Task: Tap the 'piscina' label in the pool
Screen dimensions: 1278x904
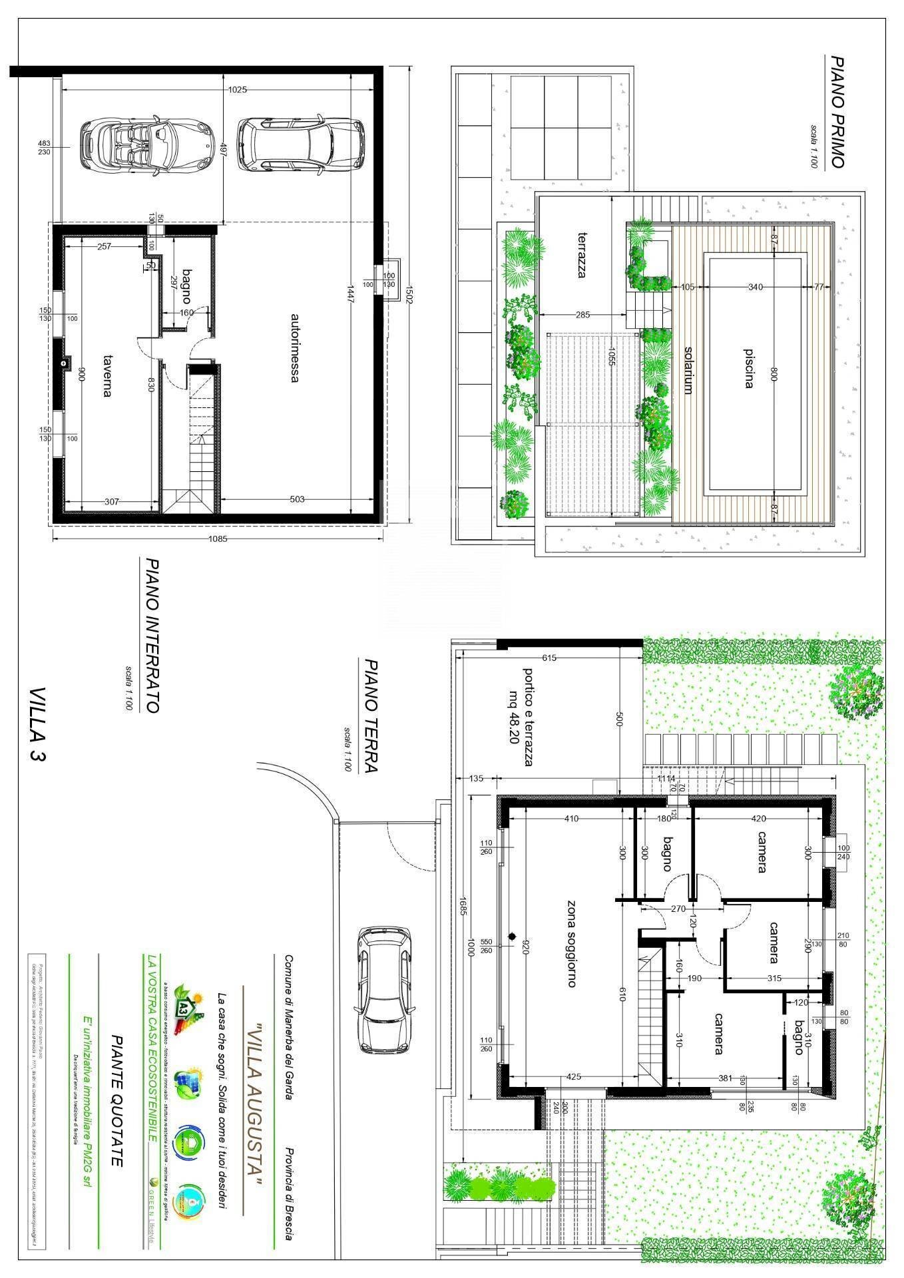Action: (749, 367)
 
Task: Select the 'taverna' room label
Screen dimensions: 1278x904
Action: (107, 376)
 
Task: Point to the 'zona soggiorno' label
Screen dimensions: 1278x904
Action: (571, 943)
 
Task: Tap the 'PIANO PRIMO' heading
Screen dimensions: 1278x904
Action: (837, 112)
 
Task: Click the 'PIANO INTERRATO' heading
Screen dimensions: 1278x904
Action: (152, 636)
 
